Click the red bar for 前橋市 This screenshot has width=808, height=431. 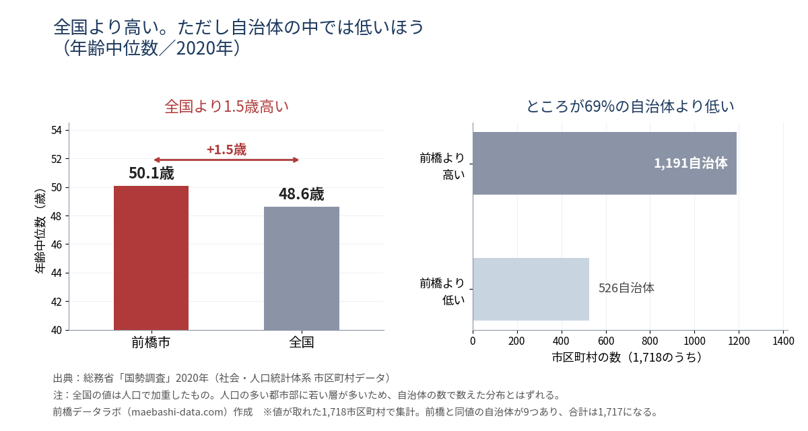pos(151,258)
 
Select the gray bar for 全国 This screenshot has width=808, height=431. pos(302,268)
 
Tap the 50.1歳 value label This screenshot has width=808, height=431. pos(151,173)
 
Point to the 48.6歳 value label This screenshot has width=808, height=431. pos(302,194)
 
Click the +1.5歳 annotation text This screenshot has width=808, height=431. pos(226,150)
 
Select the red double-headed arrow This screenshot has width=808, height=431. pos(226,160)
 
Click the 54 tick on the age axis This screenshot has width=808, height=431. pos(57,130)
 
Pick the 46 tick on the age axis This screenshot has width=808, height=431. pos(57,244)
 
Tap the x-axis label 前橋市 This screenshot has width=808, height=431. pos(151,342)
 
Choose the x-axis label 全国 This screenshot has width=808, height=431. pos(302,342)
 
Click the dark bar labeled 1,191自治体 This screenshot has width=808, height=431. pos(605,164)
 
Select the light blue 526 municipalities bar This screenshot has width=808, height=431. pos(531,290)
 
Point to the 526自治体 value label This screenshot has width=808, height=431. pos(627,288)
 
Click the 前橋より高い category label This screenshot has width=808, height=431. pos(442,166)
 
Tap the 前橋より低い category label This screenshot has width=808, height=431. pos(442,292)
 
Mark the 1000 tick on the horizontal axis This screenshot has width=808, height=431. pos(695,341)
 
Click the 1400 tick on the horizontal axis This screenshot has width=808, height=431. pos(784,341)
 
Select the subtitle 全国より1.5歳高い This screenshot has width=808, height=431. pos(226,107)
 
